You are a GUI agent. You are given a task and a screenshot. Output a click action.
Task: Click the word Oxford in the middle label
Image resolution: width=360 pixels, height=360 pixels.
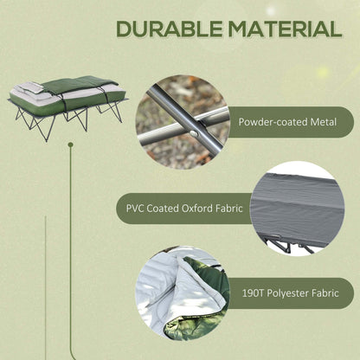click(x=196, y=209)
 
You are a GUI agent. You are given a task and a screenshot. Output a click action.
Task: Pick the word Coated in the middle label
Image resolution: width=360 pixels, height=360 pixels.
click(x=162, y=209)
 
